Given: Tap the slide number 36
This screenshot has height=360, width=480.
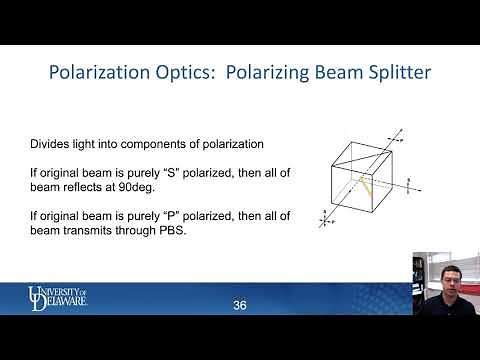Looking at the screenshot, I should click(x=239, y=304).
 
